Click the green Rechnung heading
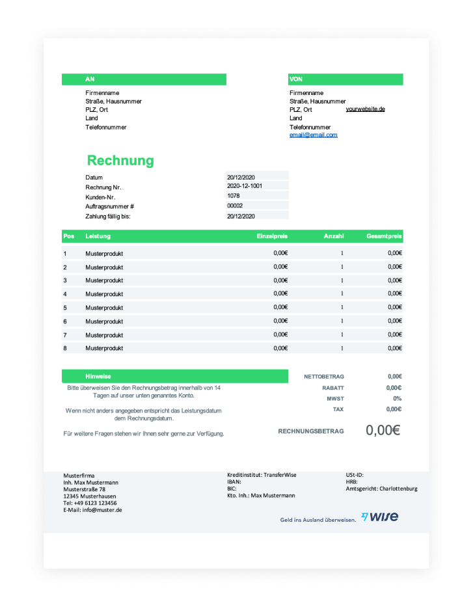click(x=120, y=161)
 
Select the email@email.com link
click(x=314, y=135)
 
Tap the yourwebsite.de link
click(x=365, y=109)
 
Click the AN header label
click(x=90, y=79)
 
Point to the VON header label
click(x=296, y=79)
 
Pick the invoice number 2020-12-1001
click(x=245, y=186)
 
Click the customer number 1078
click(x=234, y=195)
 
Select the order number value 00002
click(x=235, y=206)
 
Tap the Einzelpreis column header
click(x=272, y=236)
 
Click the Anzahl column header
click(x=334, y=236)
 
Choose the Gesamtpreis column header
click(x=384, y=236)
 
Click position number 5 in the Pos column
click(x=65, y=308)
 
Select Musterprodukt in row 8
click(x=104, y=349)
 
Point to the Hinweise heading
click(x=98, y=377)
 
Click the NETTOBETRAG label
click(x=324, y=377)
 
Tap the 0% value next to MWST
click(x=397, y=398)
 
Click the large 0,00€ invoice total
click(x=383, y=430)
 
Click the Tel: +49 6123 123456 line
click(x=90, y=503)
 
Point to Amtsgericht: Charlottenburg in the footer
click(x=381, y=489)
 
